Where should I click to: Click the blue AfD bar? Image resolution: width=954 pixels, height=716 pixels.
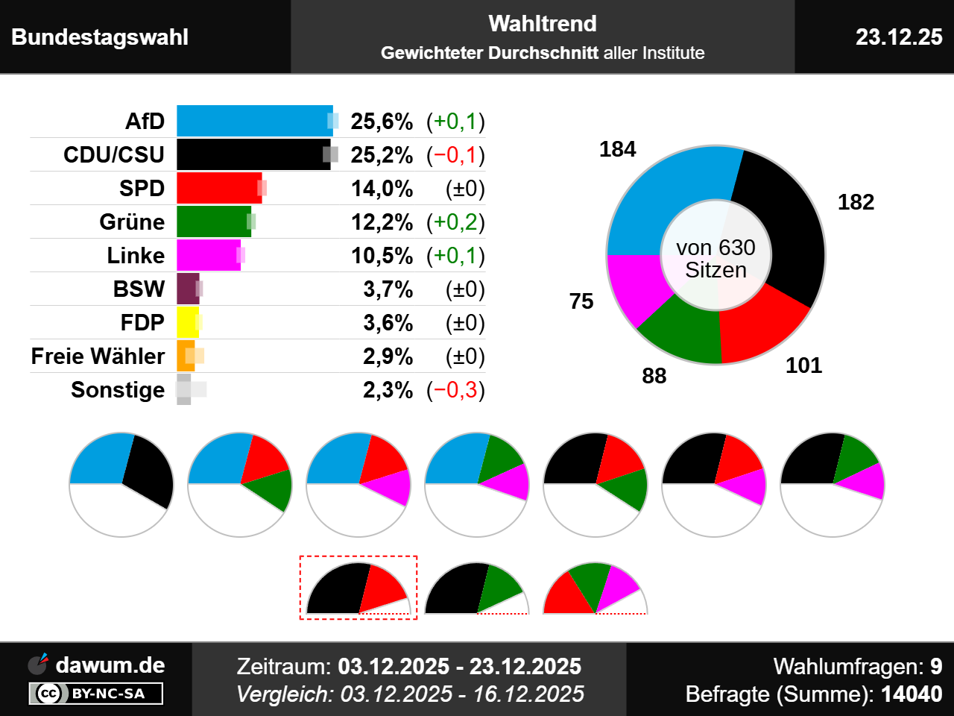click(x=253, y=121)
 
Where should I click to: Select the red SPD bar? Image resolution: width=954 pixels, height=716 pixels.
click(x=218, y=188)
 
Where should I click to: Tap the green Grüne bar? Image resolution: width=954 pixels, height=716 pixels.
click(x=213, y=222)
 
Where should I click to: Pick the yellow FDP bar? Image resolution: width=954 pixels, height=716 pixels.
click(x=187, y=322)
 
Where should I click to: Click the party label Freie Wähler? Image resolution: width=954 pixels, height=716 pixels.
click(x=98, y=357)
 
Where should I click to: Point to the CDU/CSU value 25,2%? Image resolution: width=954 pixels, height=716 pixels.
click(x=382, y=155)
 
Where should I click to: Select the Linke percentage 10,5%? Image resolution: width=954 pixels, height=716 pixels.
click(x=382, y=256)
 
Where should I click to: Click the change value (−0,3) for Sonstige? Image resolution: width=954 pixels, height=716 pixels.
click(x=455, y=390)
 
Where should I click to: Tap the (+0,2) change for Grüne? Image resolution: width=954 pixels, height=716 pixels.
click(x=455, y=222)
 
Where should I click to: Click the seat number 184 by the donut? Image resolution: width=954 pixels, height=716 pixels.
click(x=617, y=149)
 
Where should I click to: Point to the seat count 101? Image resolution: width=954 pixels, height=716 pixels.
click(x=803, y=365)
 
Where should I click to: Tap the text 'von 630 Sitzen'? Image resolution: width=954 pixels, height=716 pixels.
click(x=715, y=258)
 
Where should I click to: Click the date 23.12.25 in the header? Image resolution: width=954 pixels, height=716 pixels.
click(x=899, y=37)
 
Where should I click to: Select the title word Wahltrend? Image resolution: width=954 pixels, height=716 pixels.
click(x=543, y=24)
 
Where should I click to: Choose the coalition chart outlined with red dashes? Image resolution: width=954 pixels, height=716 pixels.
click(x=358, y=588)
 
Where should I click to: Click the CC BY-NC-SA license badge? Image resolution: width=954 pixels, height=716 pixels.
click(x=95, y=694)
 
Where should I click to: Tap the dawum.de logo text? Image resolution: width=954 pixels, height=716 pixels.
click(x=110, y=665)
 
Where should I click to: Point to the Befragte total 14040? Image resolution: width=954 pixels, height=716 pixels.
click(x=912, y=694)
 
